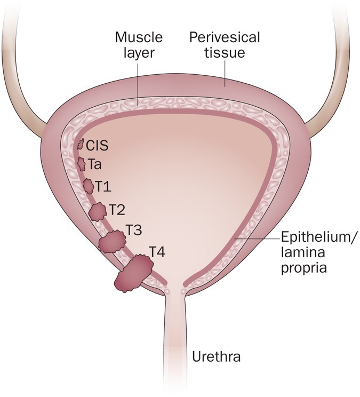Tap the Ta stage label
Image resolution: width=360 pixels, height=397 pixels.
[95, 165]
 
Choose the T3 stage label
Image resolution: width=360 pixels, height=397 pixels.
[134, 231]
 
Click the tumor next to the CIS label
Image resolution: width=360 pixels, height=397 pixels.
[81, 144]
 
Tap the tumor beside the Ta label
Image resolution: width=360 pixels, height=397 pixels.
[82, 164]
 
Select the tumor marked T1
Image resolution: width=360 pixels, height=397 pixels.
[89, 186]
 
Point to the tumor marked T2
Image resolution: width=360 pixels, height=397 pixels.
[98, 211]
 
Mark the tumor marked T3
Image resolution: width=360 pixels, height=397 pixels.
[111, 242]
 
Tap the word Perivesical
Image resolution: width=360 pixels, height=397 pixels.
[225, 38]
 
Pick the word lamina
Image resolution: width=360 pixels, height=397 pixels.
[299, 252]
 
